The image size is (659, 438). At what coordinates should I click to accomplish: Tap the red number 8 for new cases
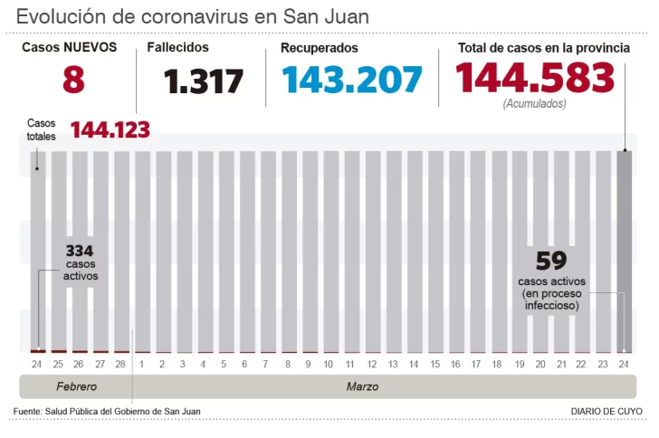pyautogui.click(x=73, y=80)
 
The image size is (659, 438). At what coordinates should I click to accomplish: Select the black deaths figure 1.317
pyautogui.click(x=205, y=81)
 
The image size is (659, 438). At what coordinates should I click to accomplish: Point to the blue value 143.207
pyautogui.click(x=352, y=80)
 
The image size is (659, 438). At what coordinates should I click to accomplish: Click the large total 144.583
pyautogui.click(x=535, y=79)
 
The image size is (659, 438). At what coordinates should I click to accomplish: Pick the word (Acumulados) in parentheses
pyautogui.click(x=535, y=104)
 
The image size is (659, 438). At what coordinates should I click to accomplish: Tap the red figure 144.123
pyautogui.click(x=110, y=130)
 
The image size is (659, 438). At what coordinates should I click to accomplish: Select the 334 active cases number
pyautogui.click(x=80, y=251)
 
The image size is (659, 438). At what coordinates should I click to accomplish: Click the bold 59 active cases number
pyautogui.click(x=551, y=262)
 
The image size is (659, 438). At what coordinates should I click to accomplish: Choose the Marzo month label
pyautogui.click(x=362, y=386)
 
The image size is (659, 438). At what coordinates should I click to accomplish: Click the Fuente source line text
pyautogui.click(x=107, y=412)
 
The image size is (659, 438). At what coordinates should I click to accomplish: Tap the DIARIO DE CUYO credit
pyautogui.click(x=606, y=412)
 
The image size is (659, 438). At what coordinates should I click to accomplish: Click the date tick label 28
pyautogui.click(x=120, y=365)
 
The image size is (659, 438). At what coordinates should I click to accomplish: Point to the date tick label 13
pyautogui.click(x=393, y=365)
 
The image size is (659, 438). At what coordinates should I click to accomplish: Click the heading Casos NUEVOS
pyautogui.click(x=70, y=47)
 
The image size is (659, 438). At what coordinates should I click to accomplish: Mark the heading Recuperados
pyautogui.click(x=319, y=48)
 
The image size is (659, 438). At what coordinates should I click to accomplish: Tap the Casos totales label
pyautogui.click(x=42, y=129)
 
